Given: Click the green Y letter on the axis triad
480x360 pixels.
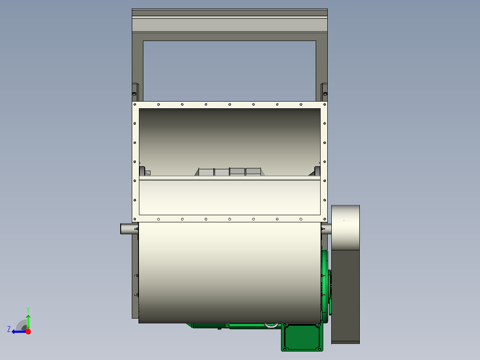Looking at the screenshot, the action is coord(28,310).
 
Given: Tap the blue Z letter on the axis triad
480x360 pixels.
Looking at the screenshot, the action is coord(9,329).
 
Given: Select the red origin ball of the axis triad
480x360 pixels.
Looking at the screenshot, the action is coord(28,331).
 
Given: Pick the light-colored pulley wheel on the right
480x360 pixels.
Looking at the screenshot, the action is coord(346,228).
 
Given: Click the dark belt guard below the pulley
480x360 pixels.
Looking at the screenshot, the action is coord(346,297).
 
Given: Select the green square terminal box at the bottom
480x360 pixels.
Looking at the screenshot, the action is coord(302,337).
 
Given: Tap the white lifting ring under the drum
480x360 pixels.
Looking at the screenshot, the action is coord(271,325).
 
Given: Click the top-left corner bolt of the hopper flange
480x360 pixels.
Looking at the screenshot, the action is coord(134,104).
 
